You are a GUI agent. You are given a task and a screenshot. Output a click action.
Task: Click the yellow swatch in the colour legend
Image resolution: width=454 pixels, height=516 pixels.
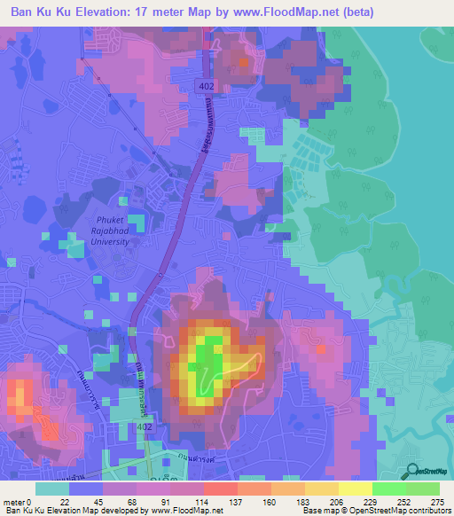click(355, 489)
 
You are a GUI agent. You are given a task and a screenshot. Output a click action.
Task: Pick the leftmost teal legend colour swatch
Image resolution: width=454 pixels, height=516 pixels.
click(52, 489)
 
